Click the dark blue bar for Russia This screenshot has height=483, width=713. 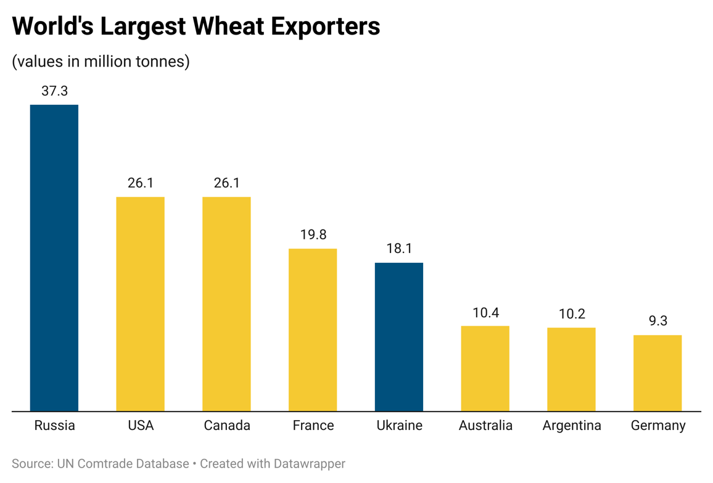click(54, 258)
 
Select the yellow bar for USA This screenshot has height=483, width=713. click(141, 303)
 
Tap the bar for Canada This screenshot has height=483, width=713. click(226, 303)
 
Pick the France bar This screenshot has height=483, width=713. click(313, 329)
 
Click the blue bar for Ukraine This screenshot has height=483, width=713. click(399, 337)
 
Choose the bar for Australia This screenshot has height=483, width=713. click(485, 368)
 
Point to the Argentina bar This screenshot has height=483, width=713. click(571, 369)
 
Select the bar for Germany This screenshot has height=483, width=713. click(657, 373)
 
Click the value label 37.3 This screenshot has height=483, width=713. click(54, 91)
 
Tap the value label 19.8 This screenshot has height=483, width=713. click(313, 235)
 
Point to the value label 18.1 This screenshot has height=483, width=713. click(399, 249)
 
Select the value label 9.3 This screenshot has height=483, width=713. click(657, 321)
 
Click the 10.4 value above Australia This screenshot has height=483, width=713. click(485, 312)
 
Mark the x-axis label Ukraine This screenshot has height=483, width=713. click(399, 426)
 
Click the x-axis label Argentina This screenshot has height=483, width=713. click(572, 426)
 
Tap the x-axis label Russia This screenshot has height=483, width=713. click(54, 426)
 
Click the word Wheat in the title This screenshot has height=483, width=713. click(226, 27)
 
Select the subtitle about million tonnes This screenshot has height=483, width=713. click(101, 62)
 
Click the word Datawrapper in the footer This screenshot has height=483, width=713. click(304, 463)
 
